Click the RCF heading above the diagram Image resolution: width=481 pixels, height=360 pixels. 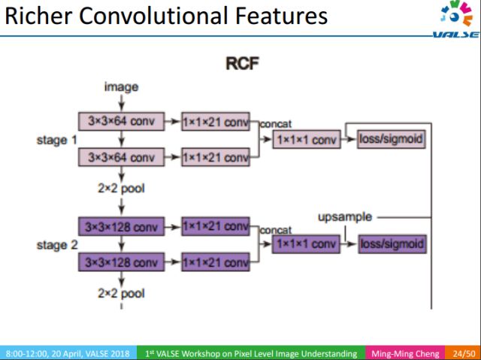[242, 64]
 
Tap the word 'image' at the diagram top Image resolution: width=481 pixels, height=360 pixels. [121, 86]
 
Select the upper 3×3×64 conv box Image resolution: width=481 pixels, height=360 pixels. [121, 119]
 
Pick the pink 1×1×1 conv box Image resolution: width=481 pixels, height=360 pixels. [306, 139]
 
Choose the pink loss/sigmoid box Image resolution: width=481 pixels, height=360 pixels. [391, 139]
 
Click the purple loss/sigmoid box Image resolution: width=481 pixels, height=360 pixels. [391, 244]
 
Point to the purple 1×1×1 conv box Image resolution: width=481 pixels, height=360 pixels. [306, 244]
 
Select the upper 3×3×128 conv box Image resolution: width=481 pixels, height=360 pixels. [121, 225]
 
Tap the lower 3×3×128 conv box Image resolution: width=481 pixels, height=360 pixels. [121, 262]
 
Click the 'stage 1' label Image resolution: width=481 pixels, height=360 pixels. [57, 139]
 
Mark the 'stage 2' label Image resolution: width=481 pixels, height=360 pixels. [57, 245]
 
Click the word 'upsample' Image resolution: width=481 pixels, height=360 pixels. [345, 216]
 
